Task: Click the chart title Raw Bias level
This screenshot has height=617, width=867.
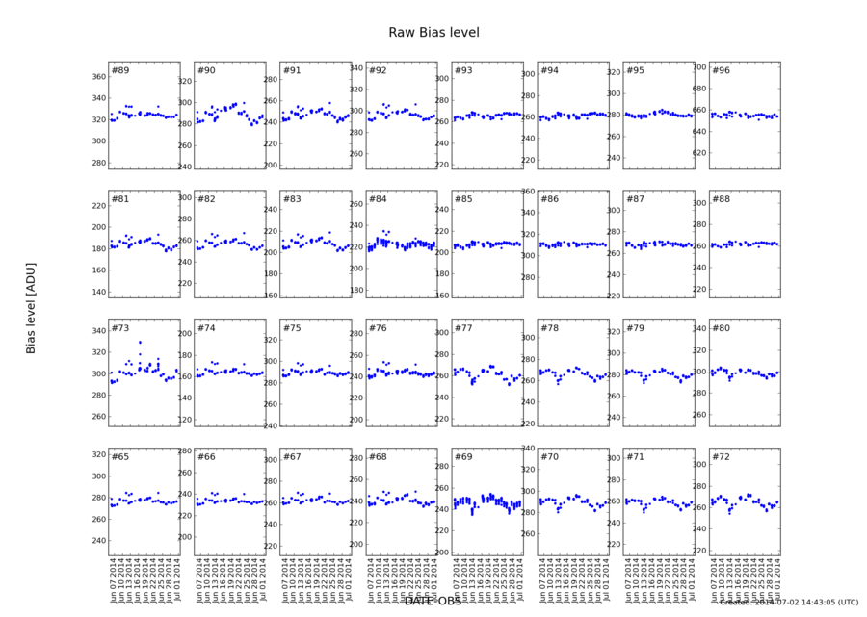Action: (x=433, y=33)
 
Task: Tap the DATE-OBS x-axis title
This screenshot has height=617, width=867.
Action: (x=433, y=602)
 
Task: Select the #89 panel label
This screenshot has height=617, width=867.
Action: (x=119, y=70)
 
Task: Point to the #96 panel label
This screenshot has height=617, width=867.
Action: (x=721, y=70)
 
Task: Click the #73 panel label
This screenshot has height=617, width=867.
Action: (x=119, y=328)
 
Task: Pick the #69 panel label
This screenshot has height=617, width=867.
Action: (x=463, y=456)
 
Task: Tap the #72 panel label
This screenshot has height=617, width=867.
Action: (x=721, y=456)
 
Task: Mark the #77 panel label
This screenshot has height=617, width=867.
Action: (x=463, y=328)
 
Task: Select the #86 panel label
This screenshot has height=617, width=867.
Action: (x=549, y=199)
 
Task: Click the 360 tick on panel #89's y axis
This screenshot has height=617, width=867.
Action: (x=97, y=77)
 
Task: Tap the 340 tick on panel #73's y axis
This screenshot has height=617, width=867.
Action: (x=97, y=331)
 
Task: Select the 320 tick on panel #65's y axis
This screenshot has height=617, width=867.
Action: (x=97, y=454)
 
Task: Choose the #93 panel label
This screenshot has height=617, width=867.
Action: (x=463, y=70)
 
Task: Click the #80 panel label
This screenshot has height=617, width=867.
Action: (x=721, y=328)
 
